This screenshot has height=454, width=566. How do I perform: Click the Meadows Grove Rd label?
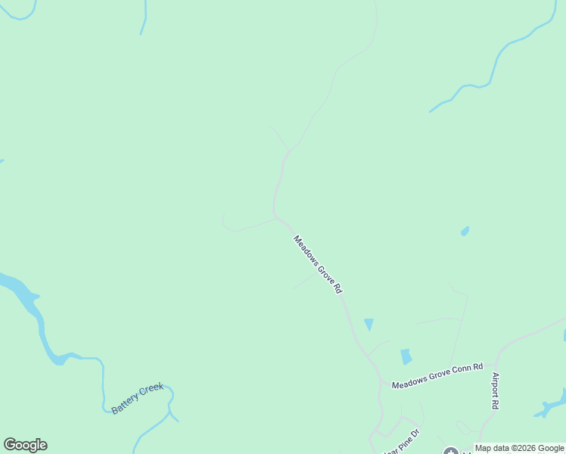[319, 264]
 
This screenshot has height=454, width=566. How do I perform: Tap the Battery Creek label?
[137, 398]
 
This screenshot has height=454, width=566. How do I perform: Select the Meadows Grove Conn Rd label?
[437, 376]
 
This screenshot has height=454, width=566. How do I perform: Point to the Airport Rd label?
[496, 390]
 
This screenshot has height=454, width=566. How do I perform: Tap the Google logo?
[25, 445]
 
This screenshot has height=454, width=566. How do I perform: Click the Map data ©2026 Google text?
[520, 448]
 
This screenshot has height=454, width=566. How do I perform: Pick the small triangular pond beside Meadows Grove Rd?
[369, 324]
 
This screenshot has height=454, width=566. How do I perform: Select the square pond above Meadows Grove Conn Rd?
[406, 356]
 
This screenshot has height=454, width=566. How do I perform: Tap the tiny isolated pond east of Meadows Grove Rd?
[465, 231]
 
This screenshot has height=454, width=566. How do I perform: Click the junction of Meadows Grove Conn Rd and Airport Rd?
[496, 365]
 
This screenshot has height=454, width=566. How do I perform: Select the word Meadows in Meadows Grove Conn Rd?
[409, 382]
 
